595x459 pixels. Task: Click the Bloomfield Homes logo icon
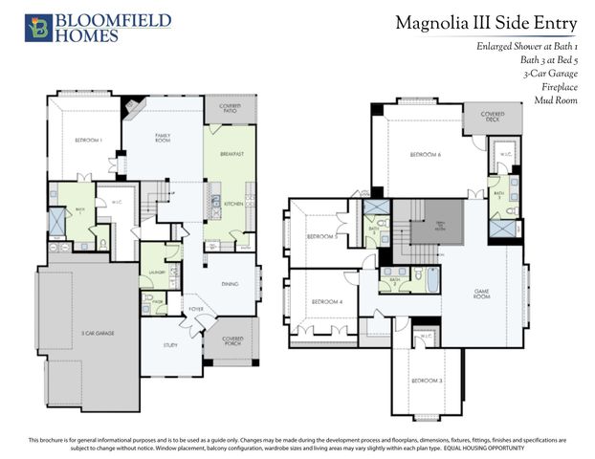[38, 27]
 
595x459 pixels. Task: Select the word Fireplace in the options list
[561, 86]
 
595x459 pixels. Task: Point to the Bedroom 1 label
[88, 142]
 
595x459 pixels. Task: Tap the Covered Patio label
[230, 109]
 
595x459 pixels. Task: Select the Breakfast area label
[231, 154]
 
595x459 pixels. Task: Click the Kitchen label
[232, 204]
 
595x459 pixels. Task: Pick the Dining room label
[230, 283]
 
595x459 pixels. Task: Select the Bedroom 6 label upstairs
[425, 154]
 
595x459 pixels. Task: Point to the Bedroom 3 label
[426, 381]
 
